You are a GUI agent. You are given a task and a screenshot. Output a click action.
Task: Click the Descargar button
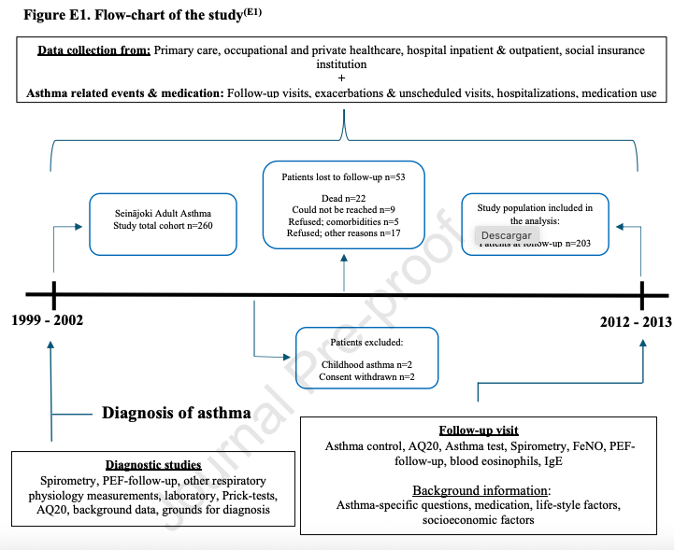coord(507,235)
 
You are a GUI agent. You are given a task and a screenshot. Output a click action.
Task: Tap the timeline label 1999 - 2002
coord(48,320)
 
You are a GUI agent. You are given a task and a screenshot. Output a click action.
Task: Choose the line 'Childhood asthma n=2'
coord(366,364)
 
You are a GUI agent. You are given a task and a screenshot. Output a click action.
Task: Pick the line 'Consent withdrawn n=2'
coord(366,376)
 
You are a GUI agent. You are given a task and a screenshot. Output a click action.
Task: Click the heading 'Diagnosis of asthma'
coord(176,413)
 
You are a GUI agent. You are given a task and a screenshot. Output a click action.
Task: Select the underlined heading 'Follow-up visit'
coord(479,431)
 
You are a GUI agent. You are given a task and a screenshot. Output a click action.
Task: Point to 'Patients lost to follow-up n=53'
coord(346,176)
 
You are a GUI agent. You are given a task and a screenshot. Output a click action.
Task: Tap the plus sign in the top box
coord(341,78)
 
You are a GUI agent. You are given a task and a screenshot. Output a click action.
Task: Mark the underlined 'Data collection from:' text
coord(93,49)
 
